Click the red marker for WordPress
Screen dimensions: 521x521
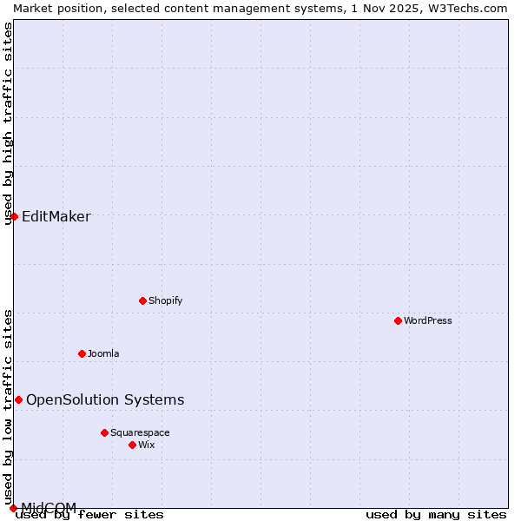pos(398,320)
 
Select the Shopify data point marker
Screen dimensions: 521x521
pos(142,300)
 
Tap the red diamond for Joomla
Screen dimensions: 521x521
pos(82,353)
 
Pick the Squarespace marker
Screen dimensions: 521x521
pos(104,432)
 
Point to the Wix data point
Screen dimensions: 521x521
pos(132,445)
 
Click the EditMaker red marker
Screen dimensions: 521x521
pos(14,216)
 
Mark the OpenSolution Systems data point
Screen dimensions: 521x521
pos(18,399)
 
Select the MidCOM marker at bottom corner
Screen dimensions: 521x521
pos(13,508)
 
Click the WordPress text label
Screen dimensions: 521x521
pos(428,320)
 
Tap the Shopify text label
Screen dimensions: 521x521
pos(165,300)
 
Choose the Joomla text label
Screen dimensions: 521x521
pos(103,353)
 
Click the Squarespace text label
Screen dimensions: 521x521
pos(140,432)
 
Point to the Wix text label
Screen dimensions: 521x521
pos(146,445)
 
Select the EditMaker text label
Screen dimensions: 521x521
pos(56,217)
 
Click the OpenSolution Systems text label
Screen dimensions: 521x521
pos(105,399)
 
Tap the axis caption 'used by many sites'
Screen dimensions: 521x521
pos(436,515)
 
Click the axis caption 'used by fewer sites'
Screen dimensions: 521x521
pos(90,515)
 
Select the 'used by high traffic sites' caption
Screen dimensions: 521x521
pos(8,123)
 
